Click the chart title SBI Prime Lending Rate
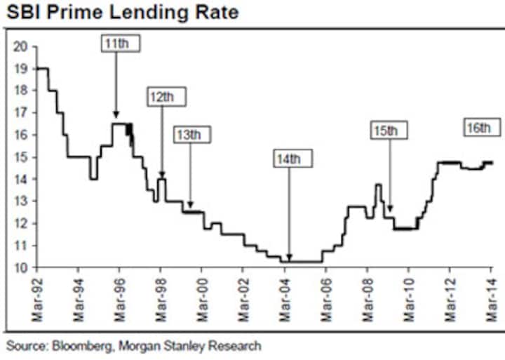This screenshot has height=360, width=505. pos(121,13)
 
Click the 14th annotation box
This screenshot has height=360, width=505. pos(290,159)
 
